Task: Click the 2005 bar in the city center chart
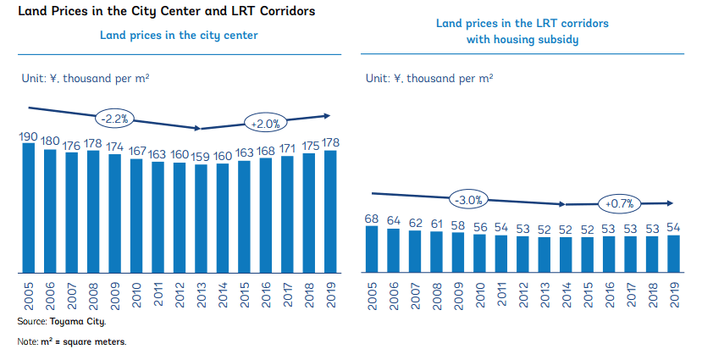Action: (29, 208)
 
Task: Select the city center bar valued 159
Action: (202, 219)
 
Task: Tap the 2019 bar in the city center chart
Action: (331, 212)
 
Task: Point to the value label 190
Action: (29, 136)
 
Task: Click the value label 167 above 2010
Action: (136, 152)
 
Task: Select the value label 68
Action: (372, 219)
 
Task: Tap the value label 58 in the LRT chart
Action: (458, 226)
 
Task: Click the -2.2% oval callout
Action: (116, 118)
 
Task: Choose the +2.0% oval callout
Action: (265, 124)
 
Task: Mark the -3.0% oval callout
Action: (468, 200)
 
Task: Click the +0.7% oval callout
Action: (620, 203)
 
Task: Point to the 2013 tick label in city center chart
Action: (202, 297)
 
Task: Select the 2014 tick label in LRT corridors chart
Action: (566, 297)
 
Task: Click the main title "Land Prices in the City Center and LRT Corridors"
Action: (161, 12)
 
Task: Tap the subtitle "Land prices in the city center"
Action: (179, 36)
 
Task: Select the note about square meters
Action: (72, 341)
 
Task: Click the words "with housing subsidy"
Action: (522, 40)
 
